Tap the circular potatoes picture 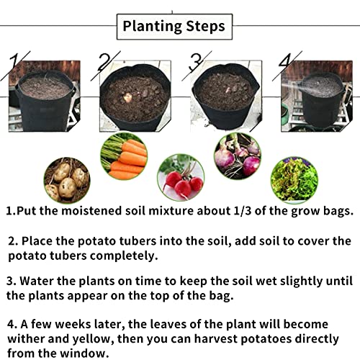click(67, 180)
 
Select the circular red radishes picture click(180, 177)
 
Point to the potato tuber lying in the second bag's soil click(128, 97)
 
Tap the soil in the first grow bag click(44, 88)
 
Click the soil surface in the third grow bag click(224, 90)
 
